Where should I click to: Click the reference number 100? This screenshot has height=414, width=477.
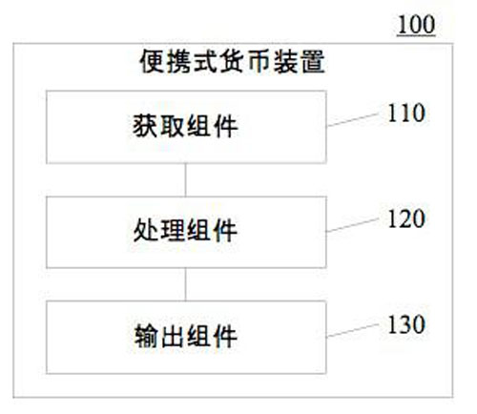click(416, 25)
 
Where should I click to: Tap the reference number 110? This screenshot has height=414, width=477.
click(406, 113)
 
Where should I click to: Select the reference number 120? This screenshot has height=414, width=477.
click(406, 218)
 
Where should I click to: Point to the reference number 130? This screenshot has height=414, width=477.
click(406, 324)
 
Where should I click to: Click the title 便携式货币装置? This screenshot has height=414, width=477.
click(233, 62)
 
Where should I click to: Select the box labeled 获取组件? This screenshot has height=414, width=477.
click(186, 127)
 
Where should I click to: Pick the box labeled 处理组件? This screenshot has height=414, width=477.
click(186, 232)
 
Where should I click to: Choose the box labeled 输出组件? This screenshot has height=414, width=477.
click(186, 337)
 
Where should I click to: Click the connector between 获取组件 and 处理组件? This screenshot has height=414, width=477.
click(186, 180)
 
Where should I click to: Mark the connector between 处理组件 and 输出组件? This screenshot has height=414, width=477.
click(186, 284)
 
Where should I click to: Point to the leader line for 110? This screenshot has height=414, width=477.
click(353, 119)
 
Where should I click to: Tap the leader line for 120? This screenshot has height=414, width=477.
click(353, 225)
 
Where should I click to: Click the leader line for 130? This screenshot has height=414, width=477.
click(353, 330)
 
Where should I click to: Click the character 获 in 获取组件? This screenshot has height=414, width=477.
click(145, 126)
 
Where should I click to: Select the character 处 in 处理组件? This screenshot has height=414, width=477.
click(146, 230)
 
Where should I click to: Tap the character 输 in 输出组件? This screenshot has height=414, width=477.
click(146, 336)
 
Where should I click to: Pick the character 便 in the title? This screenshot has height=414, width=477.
click(152, 62)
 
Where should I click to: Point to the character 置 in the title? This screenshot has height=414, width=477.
click(313, 62)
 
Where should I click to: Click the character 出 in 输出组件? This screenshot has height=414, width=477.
click(172, 336)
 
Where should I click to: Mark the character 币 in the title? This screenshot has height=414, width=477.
click(259, 62)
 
